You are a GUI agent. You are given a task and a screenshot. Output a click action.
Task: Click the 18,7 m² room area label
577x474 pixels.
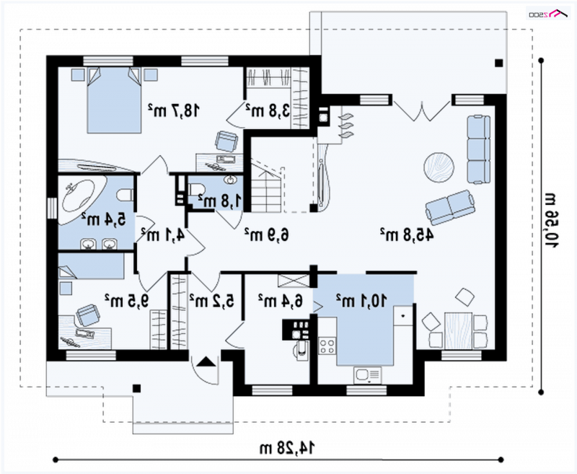click(174, 110)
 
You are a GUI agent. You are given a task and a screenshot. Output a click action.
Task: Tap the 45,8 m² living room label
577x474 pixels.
click(407, 234)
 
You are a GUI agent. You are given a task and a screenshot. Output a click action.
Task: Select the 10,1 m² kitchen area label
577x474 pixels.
click(361, 300)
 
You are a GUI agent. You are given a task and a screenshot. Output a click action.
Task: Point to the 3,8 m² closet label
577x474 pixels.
click(268, 110)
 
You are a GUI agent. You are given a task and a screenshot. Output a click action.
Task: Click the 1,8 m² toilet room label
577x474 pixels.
click(220, 201)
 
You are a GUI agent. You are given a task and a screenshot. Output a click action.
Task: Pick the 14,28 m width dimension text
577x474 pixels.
click(287, 448)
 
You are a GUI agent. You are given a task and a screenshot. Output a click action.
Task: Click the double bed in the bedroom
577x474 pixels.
click(114, 100)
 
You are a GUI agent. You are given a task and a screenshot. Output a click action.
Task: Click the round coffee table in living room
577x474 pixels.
click(439, 167)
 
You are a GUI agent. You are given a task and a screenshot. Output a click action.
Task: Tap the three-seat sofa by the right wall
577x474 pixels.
click(479, 149)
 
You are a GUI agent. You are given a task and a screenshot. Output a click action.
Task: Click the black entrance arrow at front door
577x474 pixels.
click(206, 361)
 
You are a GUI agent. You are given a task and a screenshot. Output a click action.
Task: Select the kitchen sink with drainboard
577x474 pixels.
click(368, 375)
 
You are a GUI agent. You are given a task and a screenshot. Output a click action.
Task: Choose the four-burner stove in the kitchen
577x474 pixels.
click(327, 346)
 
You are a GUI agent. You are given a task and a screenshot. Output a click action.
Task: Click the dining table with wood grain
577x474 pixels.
click(458, 330)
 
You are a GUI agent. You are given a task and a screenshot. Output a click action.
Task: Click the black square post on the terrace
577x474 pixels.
click(498, 63)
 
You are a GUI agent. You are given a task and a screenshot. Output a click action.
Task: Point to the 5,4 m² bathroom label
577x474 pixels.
click(104, 219)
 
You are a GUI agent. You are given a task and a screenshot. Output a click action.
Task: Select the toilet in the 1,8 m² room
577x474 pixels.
click(196, 190)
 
